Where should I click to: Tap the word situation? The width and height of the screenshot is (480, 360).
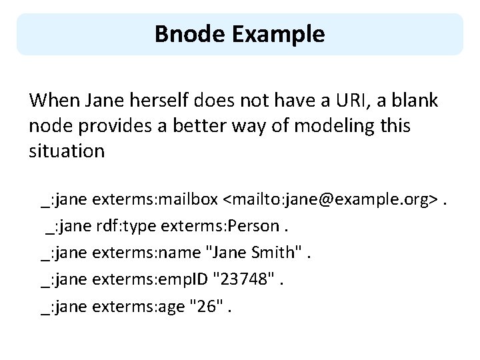67,151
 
